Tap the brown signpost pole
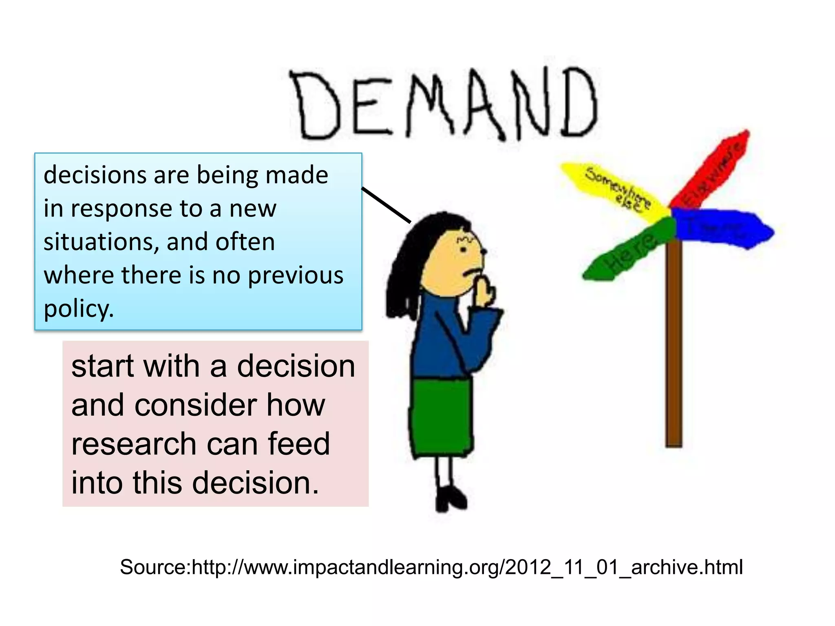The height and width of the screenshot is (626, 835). tap(674, 346)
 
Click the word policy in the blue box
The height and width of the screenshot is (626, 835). tap(78, 309)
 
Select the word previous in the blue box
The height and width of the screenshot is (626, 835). tap(296, 276)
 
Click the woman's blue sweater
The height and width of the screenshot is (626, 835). tap(448, 338)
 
